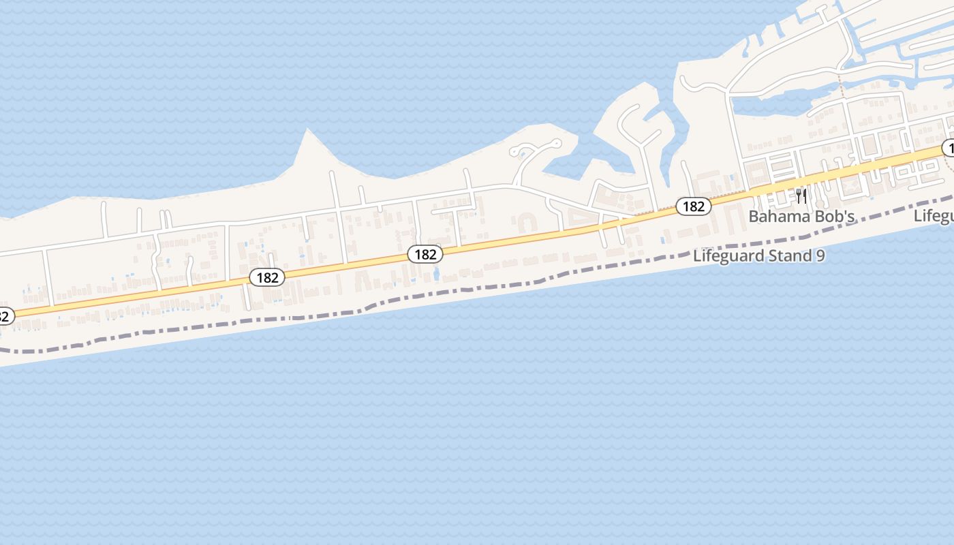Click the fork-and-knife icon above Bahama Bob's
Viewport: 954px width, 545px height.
coord(801,196)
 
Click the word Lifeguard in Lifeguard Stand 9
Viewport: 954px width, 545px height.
coord(726,256)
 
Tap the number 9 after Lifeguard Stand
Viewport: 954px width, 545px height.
coord(820,256)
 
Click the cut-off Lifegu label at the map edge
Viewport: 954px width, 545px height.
coord(934,215)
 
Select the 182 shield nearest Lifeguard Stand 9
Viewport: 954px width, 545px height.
coord(693,206)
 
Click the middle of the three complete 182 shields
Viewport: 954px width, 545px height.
coord(425,254)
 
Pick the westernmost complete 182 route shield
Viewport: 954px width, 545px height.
coord(267,277)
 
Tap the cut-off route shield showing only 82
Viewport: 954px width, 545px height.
coord(4,316)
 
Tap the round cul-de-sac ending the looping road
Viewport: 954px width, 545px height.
coord(557,144)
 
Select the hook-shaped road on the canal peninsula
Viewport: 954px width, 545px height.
coord(630,116)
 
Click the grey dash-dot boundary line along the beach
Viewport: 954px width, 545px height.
coord(477,290)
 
